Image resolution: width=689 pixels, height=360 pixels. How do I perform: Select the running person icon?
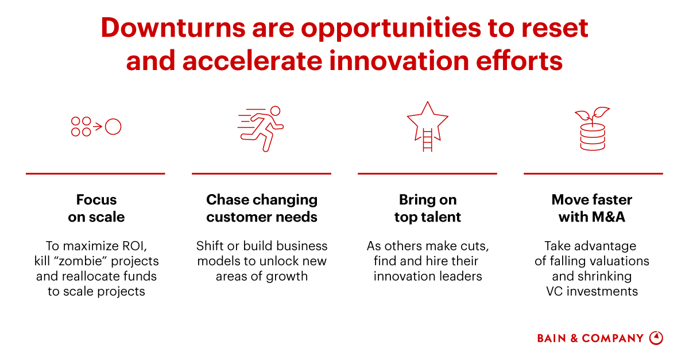[261, 128]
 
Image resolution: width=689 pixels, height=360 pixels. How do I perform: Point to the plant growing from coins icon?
[593, 129]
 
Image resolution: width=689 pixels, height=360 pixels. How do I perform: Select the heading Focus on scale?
[96, 208]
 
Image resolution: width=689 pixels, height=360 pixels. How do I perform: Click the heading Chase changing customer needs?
[262, 208]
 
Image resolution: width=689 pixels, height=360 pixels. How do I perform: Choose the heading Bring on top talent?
[428, 208]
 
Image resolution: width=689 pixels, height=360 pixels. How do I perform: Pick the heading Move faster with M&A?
[592, 208]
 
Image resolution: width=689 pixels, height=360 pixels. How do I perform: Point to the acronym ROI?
[136, 246]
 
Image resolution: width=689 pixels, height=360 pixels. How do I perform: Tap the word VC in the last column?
[554, 291]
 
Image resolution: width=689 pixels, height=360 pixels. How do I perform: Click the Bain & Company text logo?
[590, 338]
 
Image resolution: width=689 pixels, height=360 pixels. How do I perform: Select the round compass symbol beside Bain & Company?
[656, 338]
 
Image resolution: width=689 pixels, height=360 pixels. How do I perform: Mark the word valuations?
[619, 261]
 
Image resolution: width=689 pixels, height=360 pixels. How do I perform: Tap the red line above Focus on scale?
[95, 173]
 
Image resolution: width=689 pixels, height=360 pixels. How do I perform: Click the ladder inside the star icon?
[427, 140]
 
